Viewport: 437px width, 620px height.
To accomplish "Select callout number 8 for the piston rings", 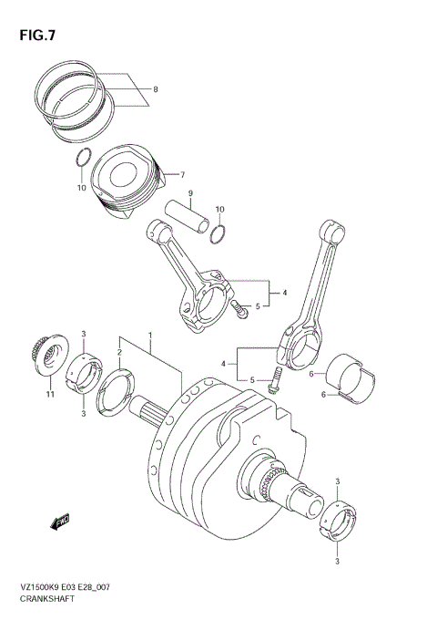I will [155, 89].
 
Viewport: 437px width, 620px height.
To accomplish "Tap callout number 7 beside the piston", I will [181, 174].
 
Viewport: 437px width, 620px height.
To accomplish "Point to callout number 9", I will [190, 193].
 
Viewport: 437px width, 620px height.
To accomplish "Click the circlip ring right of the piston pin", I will [218, 236].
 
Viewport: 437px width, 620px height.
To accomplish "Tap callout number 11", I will [52, 394].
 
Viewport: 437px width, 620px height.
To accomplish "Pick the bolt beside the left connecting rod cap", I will [239, 310].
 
